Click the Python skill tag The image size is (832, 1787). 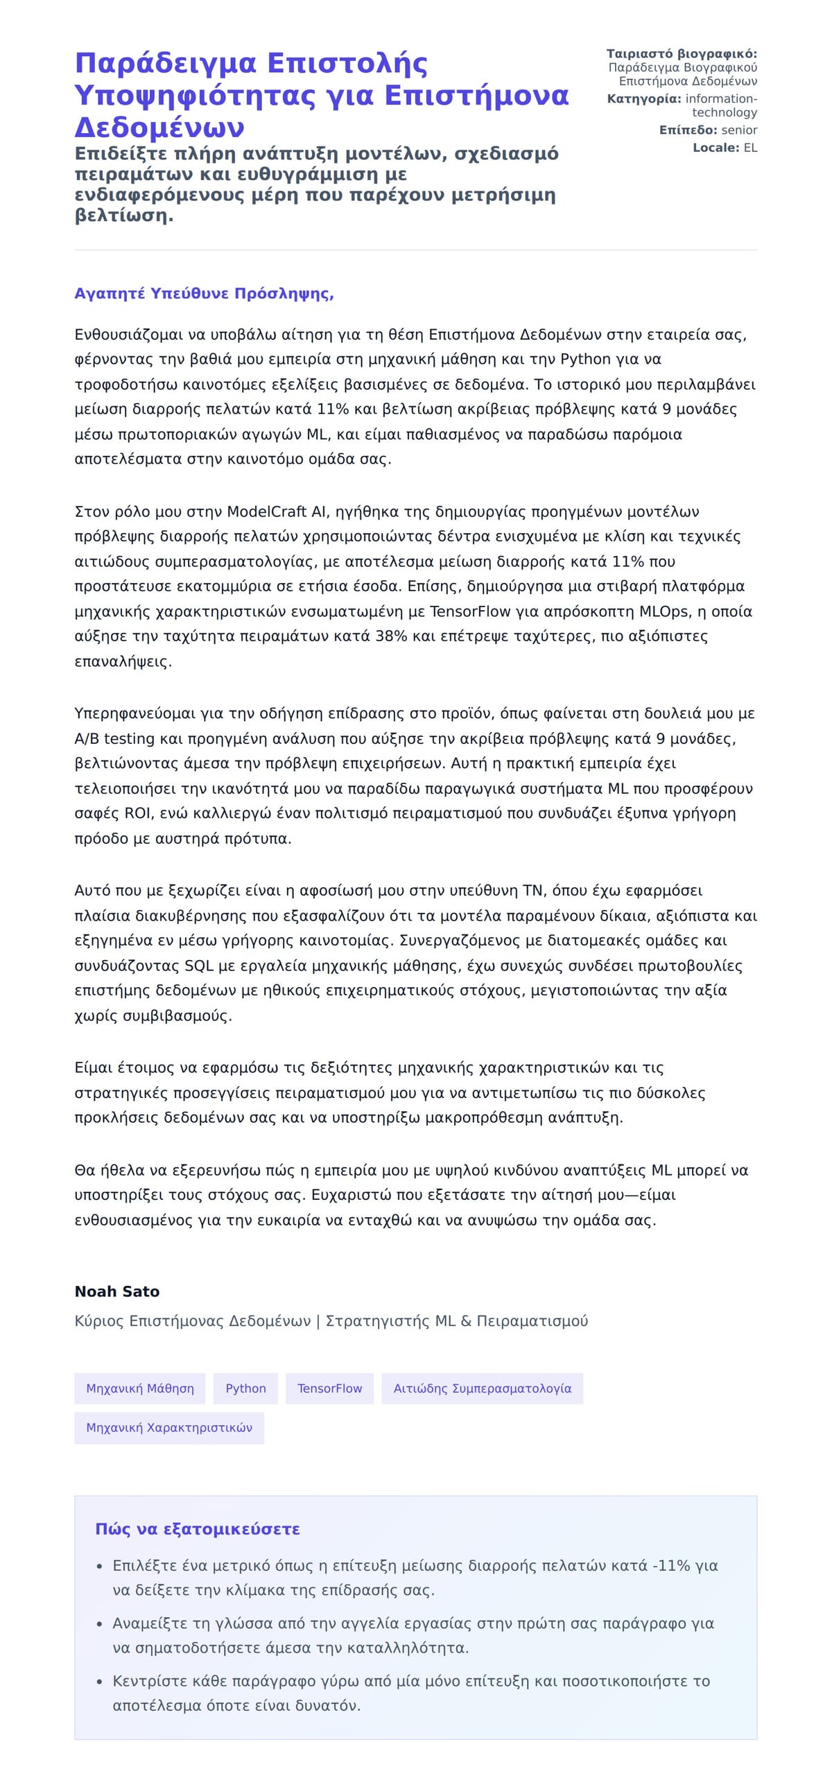[245, 1388]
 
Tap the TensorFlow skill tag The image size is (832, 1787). [329, 1388]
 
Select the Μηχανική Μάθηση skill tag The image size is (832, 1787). [139, 1388]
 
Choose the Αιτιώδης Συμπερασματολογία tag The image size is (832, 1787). [483, 1388]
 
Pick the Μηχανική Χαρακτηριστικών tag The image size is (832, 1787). [169, 1428]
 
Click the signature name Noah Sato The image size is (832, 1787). [116, 1291]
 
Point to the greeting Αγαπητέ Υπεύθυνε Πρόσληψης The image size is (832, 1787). [204, 293]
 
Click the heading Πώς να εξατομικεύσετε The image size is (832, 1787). [197, 1529]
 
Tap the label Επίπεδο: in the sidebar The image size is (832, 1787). [688, 130]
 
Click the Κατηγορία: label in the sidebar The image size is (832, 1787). [643, 98]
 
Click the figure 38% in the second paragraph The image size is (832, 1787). [391, 636]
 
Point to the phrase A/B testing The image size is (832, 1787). [114, 739]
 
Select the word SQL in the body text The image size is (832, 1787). [199, 966]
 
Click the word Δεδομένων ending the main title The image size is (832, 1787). [159, 127]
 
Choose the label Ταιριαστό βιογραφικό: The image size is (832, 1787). [682, 53]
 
